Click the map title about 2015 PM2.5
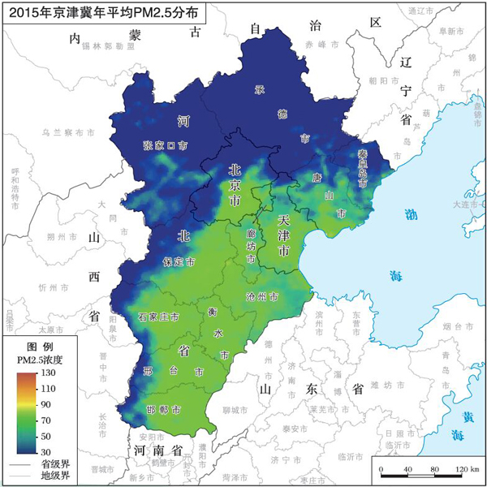click(x=101, y=13)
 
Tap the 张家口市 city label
click(x=165, y=146)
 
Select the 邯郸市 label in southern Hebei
click(x=164, y=409)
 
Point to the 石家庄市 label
click(x=158, y=315)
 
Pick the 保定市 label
click(x=179, y=263)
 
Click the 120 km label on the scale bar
click(x=465, y=471)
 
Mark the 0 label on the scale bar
click(x=381, y=471)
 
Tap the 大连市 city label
click(x=469, y=205)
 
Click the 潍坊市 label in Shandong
click(x=381, y=384)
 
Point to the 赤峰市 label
click(x=316, y=44)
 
